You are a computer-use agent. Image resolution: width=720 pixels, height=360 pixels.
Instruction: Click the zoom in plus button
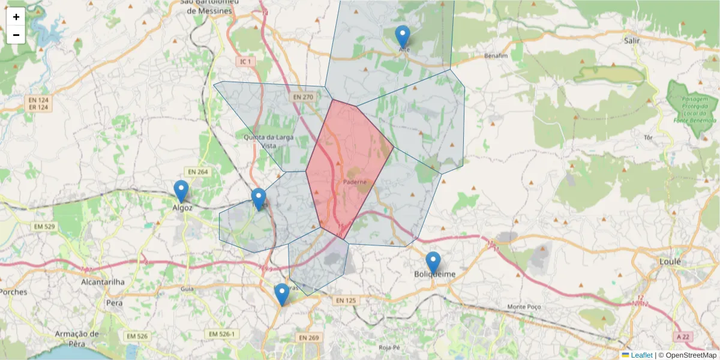click(16, 17)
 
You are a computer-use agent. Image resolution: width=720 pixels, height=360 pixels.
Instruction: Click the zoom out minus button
click(16, 35)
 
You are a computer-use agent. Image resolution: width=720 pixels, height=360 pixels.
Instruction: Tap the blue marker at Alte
click(403, 37)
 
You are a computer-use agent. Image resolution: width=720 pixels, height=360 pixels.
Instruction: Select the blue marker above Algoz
click(181, 191)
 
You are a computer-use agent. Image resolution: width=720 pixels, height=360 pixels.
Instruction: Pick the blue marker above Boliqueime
click(433, 263)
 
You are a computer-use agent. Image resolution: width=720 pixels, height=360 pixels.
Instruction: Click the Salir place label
click(632, 41)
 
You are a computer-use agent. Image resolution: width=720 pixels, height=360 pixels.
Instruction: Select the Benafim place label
click(496, 56)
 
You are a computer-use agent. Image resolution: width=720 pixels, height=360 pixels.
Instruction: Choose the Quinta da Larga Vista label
click(268, 141)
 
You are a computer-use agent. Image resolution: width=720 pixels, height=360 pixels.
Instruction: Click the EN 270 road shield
click(304, 97)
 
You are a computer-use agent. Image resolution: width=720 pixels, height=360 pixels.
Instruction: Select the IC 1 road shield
click(246, 61)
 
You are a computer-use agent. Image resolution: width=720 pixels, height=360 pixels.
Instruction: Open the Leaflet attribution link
click(641, 355)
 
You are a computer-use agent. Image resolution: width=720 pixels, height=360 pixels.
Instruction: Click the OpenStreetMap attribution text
click(691, 355)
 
